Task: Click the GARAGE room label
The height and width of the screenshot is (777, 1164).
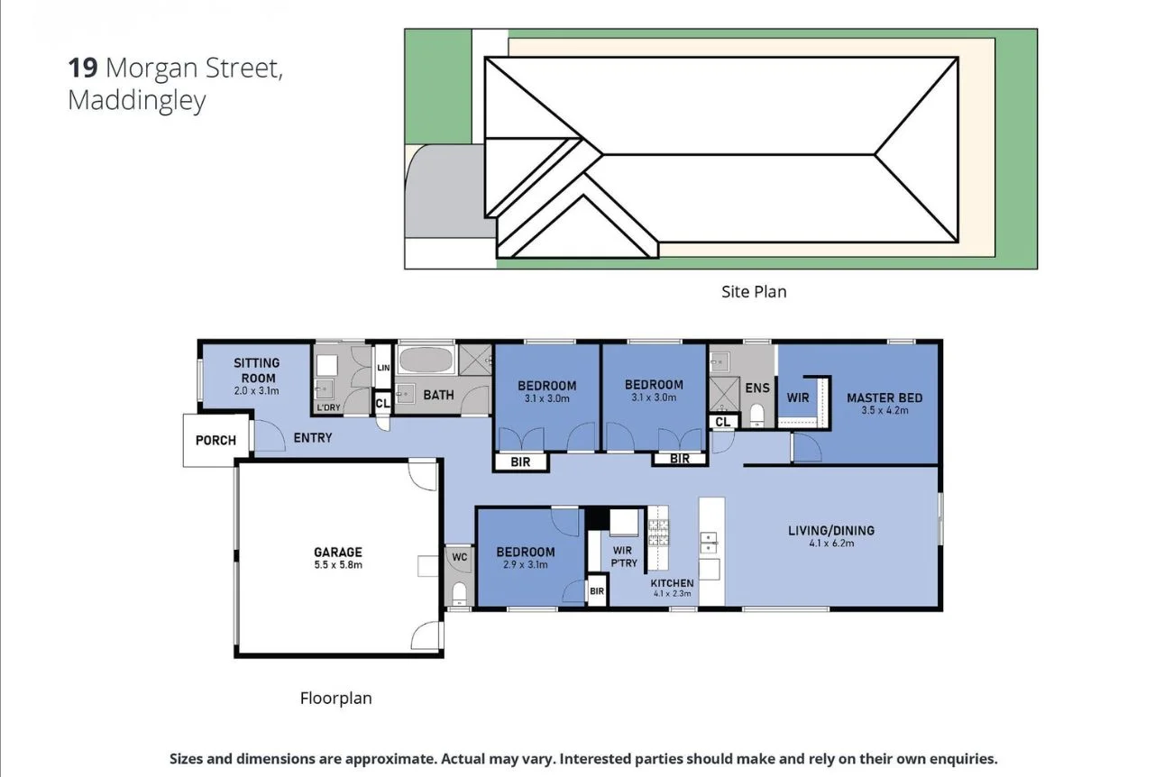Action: (337, 552)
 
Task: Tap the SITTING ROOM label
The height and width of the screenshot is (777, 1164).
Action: (257, 370)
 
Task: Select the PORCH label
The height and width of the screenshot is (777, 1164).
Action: (215, 441)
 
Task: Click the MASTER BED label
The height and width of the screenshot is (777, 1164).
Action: (884, 398)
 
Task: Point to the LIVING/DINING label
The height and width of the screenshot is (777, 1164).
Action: (830, 530)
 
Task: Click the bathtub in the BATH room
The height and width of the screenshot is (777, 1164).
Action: (425, 362)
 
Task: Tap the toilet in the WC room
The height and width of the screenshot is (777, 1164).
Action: (459, 592)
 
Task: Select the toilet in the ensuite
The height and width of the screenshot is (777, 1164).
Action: (756, 414)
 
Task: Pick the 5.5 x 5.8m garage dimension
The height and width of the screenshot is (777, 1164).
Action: (337, 565)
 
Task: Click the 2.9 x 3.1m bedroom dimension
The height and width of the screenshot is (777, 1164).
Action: (525, 565)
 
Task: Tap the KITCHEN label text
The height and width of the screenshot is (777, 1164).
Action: (673, 583)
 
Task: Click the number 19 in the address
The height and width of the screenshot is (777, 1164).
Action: (83, 68)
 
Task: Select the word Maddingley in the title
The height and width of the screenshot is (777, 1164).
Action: (136, 100)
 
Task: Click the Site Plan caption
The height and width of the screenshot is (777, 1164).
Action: (753, 291)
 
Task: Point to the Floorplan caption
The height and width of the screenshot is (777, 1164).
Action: (335, 698)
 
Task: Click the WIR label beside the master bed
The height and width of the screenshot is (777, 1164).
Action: (798, 398)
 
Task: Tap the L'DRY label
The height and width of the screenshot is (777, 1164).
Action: (327, 408)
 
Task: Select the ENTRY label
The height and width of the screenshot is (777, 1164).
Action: (312, 438)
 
